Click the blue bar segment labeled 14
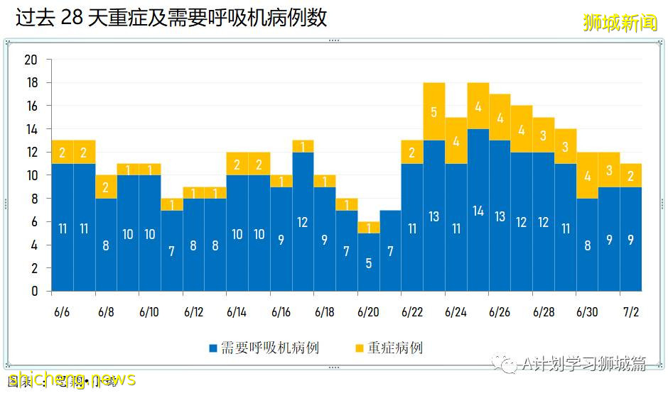[x=478, y=210]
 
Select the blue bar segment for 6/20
[x=369, y=262]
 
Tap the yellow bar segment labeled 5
[x=434, y=111]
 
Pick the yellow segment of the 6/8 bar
[x=106, y=187]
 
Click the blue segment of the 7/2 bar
[x=631, y=239]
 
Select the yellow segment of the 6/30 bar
[x=587, y=175]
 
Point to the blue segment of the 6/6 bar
[x=62, y=227]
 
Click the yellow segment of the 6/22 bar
[x=412, y=152]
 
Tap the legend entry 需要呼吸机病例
[x=263, y=348]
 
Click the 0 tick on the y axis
[x=34, y=291]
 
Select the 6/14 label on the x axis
[x=237, y=312]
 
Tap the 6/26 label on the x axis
[x=500, y=312]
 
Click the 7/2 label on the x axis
[x=631, y=312]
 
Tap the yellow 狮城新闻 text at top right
[x=620, y=23]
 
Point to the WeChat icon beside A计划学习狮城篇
[x=509, y=365]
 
